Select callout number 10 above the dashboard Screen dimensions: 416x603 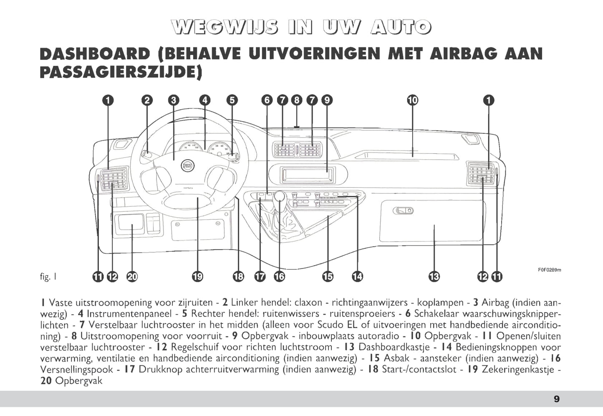pyautogui.click(x=412, y=100)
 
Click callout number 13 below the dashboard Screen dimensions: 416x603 pyautogui.click(x=434, y=276)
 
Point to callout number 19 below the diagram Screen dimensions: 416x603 pyautogui.click(x=197, y=276)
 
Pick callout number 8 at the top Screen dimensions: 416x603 pyautogui.click(x=297, y=100)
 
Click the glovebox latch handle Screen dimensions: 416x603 pyautogui.click(x=403, y=211)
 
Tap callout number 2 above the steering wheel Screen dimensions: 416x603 pyautogui.click(x=146, y=100)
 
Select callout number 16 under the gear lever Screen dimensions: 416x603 pyautogui.click(x=279, y=276)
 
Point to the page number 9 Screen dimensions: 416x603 pyautogui.click(x=557, y=399)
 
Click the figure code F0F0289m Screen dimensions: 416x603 pyautogui.click(x=549, y=270)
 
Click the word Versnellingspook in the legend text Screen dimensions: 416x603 pyautogui.click(x=76, y=369)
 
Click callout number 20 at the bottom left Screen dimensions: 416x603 pyautogui.click(x=132, y=276)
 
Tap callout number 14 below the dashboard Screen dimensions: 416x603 pyautogui.click(x=357, y=276)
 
